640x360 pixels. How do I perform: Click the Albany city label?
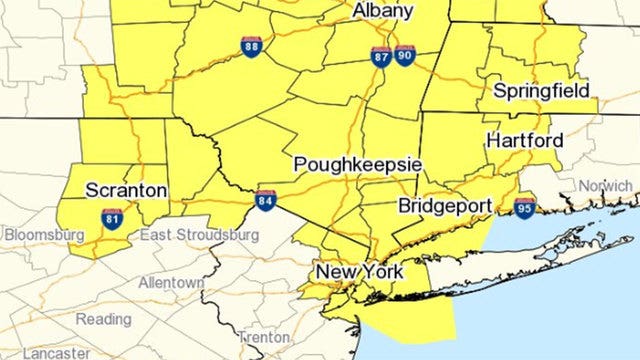click(383, 11)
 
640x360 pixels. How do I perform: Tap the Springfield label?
click(541, 91)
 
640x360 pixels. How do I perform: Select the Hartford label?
click(524, 141)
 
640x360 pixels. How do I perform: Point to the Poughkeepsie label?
click(358, 164)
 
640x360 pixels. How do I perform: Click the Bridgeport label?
click(445, 206)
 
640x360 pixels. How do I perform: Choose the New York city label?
click(359, 272)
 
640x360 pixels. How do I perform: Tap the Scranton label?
click(126, 190)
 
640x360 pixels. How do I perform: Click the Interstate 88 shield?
click(252, 46)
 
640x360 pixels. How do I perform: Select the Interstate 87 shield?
click(381, 56)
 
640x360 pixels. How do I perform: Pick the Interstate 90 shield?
click(404, 56)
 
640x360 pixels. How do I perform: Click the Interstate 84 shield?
click(265, 200)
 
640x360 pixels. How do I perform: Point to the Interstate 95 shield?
click(525, 208)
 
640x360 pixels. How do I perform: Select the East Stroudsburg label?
click(199, 234)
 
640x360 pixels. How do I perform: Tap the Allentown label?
click(171, 283)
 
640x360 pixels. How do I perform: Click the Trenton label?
click(265, 338)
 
